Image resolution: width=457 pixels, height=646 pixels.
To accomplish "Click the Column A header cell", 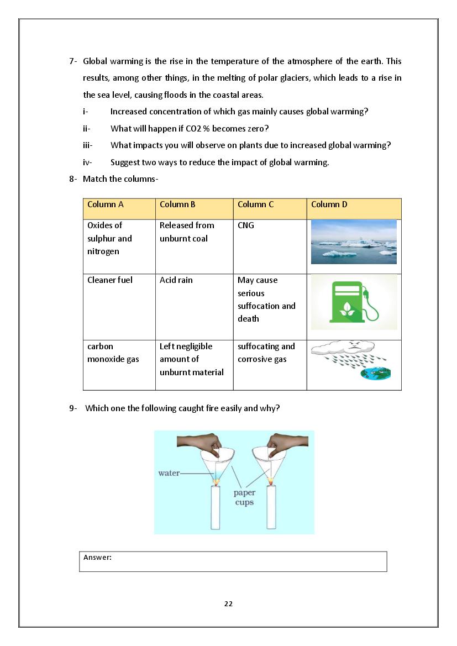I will pos(119,208).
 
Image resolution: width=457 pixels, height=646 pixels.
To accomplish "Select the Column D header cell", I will pos(354,208).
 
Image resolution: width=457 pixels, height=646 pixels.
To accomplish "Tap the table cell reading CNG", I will pos(269,246).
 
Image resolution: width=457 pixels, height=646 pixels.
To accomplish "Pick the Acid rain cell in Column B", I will pos(194,307).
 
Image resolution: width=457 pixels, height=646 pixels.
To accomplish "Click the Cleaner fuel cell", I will pos(119,307).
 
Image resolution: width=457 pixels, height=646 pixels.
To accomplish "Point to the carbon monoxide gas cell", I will pos(119,365).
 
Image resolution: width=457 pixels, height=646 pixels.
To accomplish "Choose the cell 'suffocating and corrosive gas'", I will pos(269,365).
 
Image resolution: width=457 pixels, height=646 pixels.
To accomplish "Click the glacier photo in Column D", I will pos(354,241).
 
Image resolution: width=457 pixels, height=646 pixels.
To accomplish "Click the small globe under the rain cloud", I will pos(376,374).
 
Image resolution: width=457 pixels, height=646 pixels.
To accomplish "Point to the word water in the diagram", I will pos(168,473).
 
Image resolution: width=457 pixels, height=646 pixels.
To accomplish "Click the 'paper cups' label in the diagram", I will pos(244,497).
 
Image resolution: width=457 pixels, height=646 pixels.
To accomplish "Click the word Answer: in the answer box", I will pos(97,557).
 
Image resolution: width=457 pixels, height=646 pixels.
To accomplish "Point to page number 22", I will pos(228,603).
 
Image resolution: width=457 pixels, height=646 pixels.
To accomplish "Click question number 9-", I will pos(73,408).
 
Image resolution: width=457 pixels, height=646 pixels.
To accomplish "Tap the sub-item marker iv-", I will pos(87,162).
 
